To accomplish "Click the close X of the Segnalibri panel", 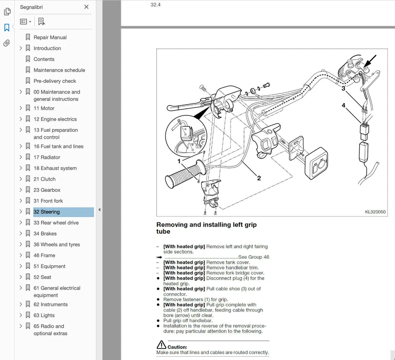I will [x=86, y=7].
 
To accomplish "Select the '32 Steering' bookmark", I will [x=46, y=212].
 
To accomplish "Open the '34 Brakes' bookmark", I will [x=45, y=234].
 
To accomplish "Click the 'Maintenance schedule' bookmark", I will [x=59, y=70].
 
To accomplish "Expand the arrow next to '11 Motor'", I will [x=21, y=108].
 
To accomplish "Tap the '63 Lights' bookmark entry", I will [x=44, y=315].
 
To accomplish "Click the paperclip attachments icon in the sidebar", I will [x=7, y=43].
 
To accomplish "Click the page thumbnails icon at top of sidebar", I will [x=7, y=12].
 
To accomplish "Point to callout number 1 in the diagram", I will [x=179, y=161].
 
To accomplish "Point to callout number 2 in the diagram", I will [x=259, y=178].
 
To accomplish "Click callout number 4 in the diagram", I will [x=343, y=105].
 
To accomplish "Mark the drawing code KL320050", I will [x=375, y=212].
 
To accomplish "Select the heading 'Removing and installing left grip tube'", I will [x=206, y=228].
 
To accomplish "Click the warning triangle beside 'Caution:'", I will [x=161, y=345].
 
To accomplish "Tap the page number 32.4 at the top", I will [x=156, y=5].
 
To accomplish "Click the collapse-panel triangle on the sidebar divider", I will [x=99, y=210].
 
